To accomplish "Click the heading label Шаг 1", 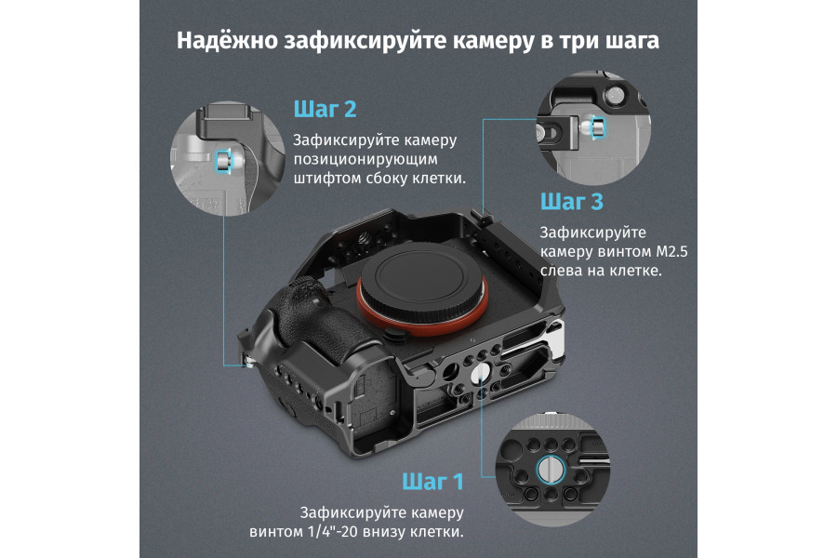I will (432, 482).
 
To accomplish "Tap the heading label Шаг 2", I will (325, 110).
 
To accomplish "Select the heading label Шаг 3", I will (571, 201).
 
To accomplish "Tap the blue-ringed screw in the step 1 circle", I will (548, 471).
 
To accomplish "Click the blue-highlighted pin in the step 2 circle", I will (223, 161).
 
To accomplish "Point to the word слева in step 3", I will (564, 272).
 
